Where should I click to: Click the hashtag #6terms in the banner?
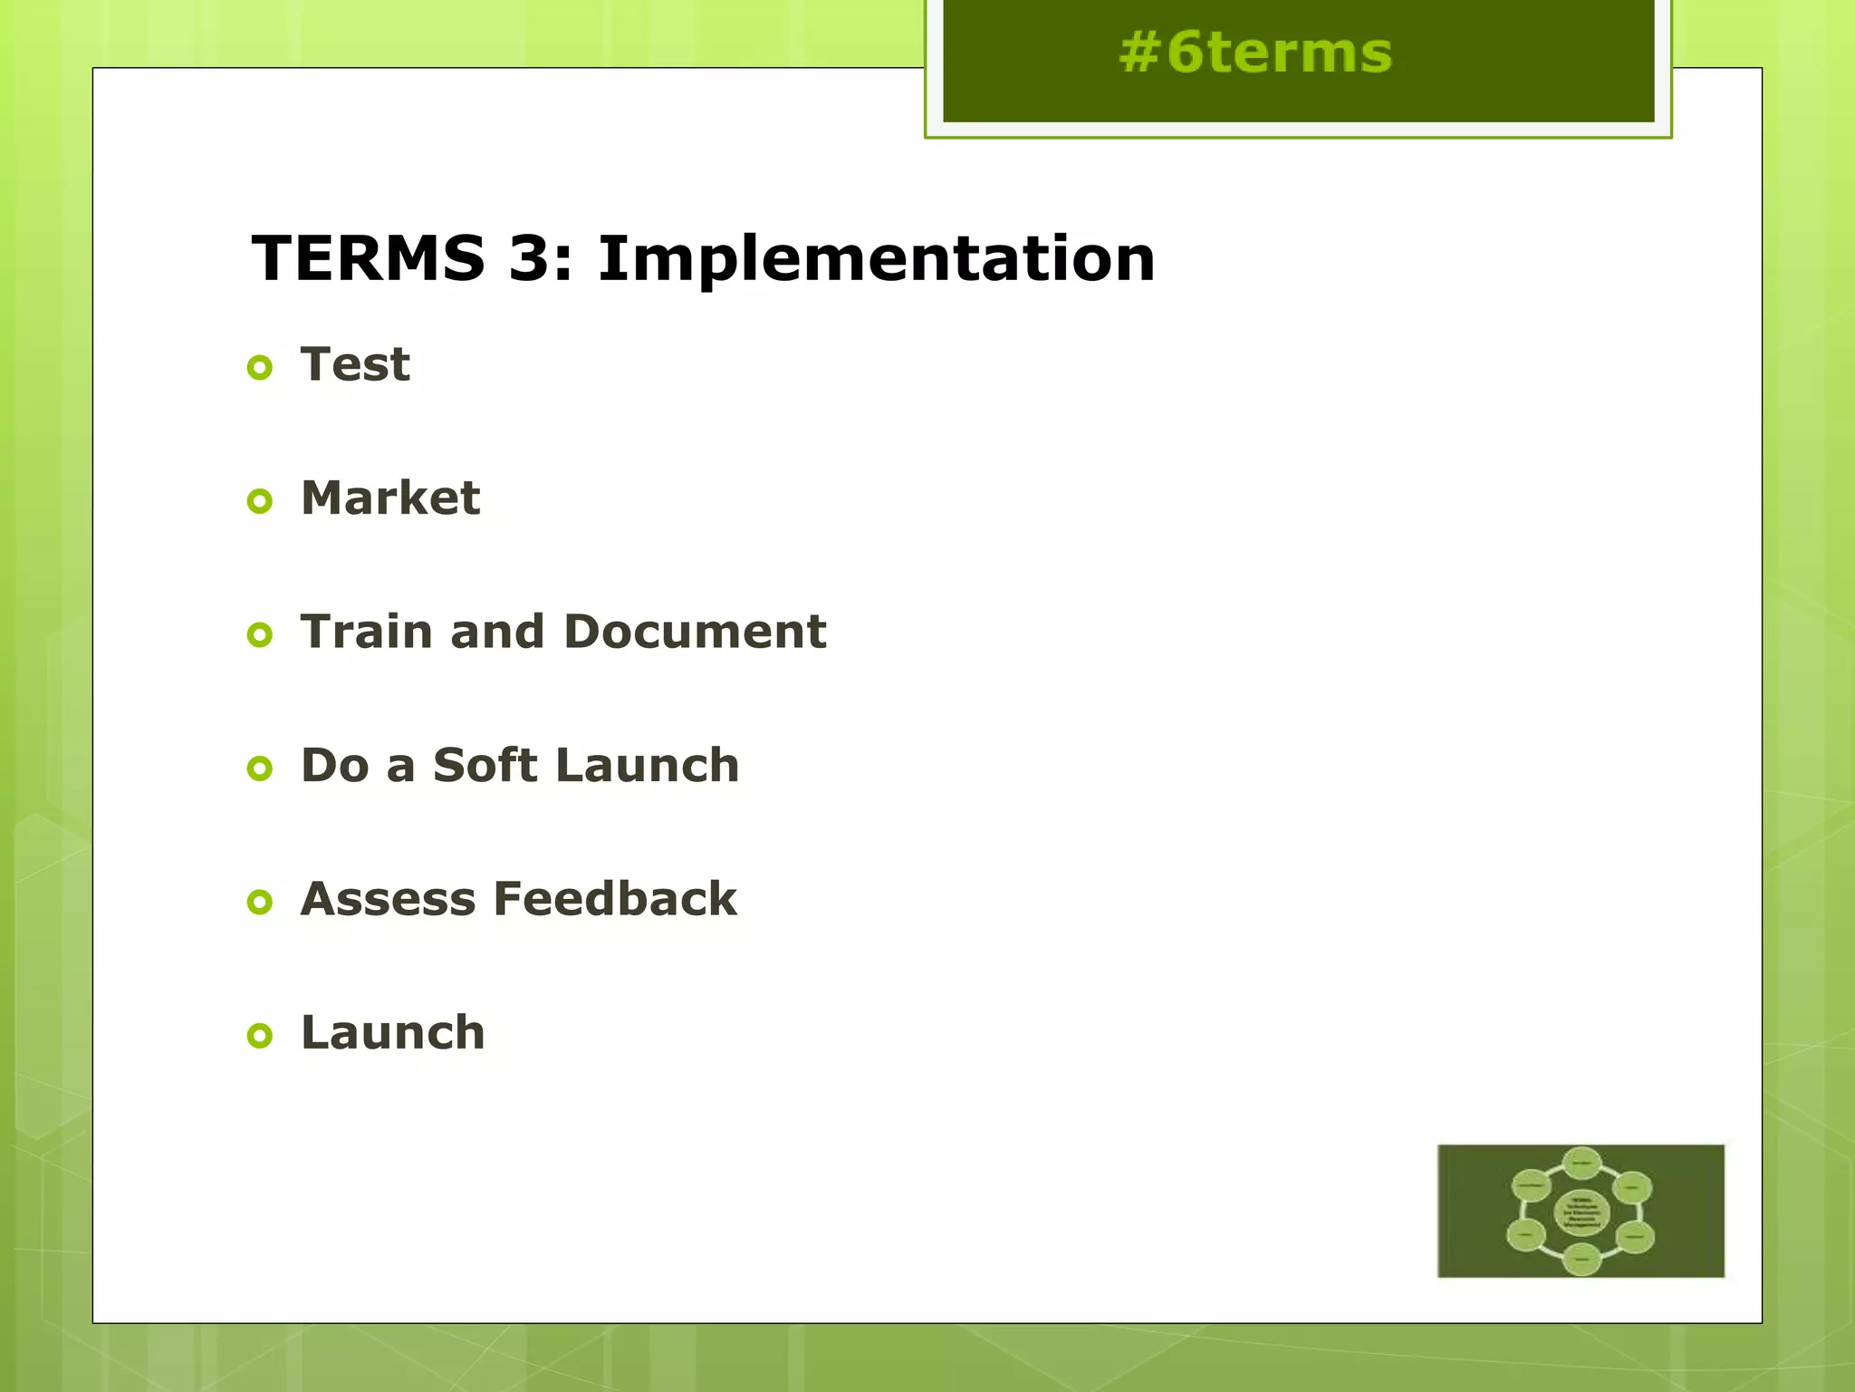pyautogui.click(x=1254, y=53)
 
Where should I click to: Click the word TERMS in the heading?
pyautogui.click(x=368, y=259)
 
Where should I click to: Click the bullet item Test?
pyautogui.click(x=355, y=365)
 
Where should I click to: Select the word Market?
pyautogui.click(x=390, y=498)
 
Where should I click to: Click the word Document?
pyautogui.click(x=695, y=632)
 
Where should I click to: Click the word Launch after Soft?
pyautogui.click(x=648, y=766)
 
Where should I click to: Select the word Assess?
pyautogui.click(x=389, y=899)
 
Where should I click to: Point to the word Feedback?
pyautogui.click(x=616, y=899)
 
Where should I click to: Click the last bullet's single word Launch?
pyautogui.click(x=393, y=1033)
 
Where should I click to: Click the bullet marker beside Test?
pyautogui.click(x=260, y=368)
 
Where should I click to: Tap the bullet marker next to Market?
pyautogui.click(x=260, y=501)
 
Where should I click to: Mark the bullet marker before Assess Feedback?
pyautogui.click(x=260, y=902)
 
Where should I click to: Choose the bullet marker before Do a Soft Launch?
pyautogui.click(x=260, y=768)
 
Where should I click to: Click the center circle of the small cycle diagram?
pyautogui.click(x=1581, y=1213)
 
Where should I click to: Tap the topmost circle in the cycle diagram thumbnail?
pyautogui.click(x=1581, y=1164)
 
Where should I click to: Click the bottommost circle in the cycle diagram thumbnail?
pyautogui.click(x=1581, y=1260)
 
